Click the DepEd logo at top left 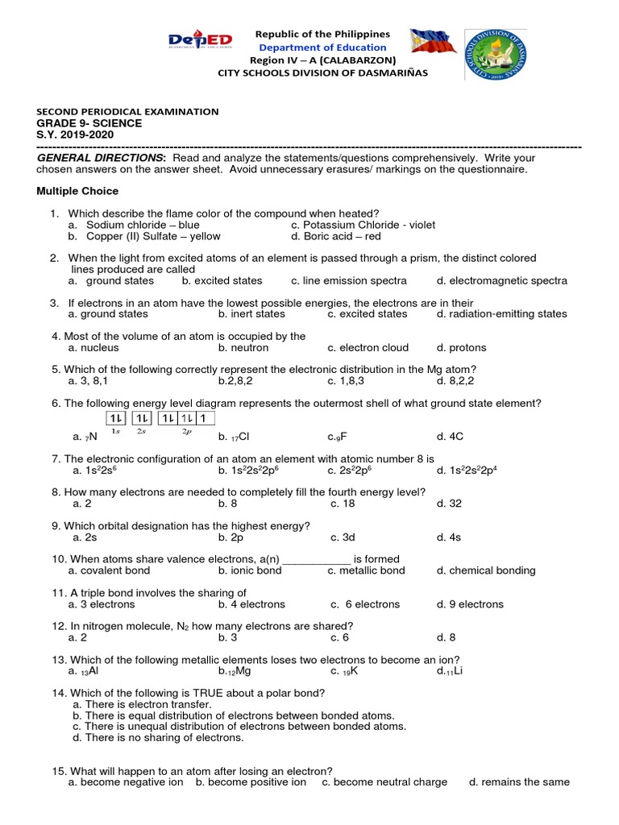click(199, 41)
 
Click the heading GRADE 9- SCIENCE click(89, 123)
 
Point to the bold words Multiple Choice click(77, 191)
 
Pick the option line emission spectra click(349, 281)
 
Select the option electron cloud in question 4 click(368, 348)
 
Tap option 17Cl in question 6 click(237, 437)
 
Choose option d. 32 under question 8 click(447, 503)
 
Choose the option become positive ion click(251, 782)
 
